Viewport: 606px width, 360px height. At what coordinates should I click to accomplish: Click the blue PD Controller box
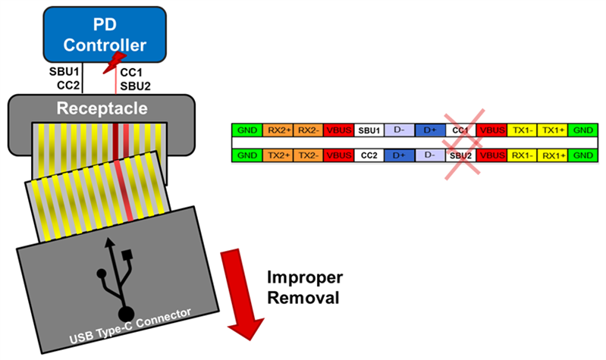tap(104, 34)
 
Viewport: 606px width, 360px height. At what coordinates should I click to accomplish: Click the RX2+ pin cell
tap(277, 130)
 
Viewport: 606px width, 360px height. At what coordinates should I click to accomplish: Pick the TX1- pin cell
tap(523, 130)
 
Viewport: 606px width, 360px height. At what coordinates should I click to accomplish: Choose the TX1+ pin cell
tap(553, 130)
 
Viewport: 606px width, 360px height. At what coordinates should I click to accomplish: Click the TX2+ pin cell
tap(277, 155)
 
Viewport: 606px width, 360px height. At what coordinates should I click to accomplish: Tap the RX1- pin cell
tap(523, 155)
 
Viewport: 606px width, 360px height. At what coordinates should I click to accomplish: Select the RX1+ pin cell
tap(553, 155)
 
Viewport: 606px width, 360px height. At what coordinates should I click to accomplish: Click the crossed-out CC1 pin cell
tap(461, 130)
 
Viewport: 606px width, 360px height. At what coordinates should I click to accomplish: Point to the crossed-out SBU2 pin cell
tap(461, 155)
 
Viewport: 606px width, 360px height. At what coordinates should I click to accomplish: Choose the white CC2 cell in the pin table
tap(369, 155)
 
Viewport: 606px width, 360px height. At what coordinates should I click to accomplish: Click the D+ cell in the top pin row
tap(430, 130)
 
